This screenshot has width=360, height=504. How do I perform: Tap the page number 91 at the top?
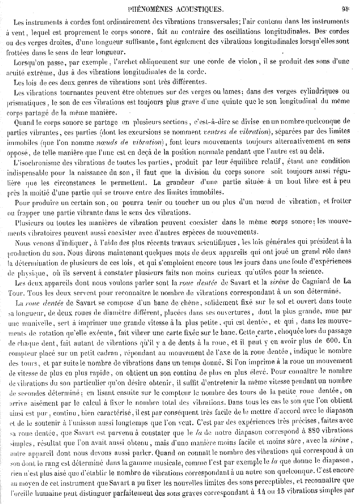click(347, 7)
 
